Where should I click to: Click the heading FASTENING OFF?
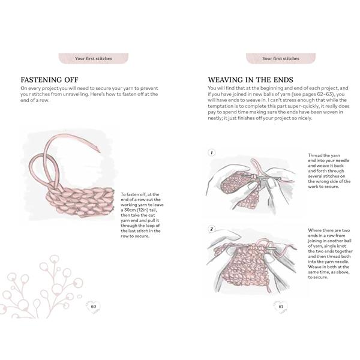point(49,80)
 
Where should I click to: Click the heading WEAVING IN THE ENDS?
point(250,80)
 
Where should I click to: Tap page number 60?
point(94,306)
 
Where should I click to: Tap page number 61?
point(281,306)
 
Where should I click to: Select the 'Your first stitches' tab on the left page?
point(93,58)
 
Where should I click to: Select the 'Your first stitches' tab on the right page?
point(281,58)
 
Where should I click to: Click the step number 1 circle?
point(211,152)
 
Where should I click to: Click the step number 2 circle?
point(211,229)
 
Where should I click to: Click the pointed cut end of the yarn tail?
point(100,152)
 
